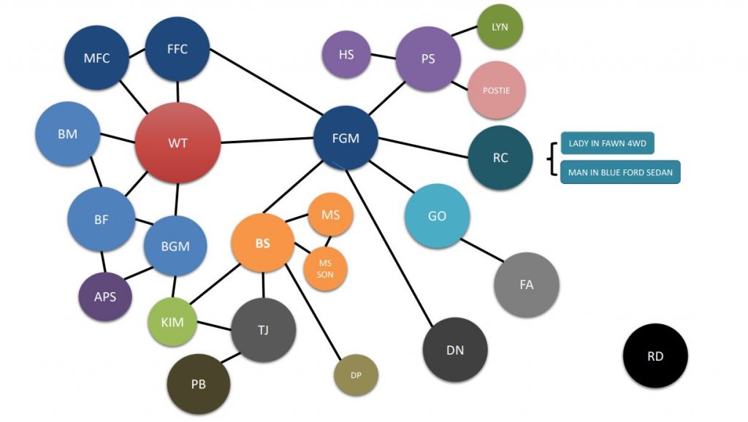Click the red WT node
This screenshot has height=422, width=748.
(x=178, y=142)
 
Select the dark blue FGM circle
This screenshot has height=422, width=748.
(x=346, y=138)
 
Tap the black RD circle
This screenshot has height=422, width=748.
(x=655, y=356)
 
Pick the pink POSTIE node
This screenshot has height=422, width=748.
(x=496, y=91)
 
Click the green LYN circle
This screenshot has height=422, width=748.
(x=500, y=27)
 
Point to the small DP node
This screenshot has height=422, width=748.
(x=356, y=375)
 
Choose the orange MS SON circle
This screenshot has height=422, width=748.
(x=325, y=268)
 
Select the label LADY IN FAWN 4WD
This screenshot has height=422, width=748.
(x=607, y=143)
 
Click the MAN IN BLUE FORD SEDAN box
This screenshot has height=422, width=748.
(x=620, y=172)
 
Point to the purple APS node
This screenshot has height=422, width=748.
(x=104, y=297)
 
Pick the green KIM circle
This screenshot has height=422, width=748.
(x=172, y=322)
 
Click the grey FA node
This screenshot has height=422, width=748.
(x=526, y=285)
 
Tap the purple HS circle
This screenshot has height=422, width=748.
(x=346, y=55)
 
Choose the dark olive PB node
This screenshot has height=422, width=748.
(x=198, y=384)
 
